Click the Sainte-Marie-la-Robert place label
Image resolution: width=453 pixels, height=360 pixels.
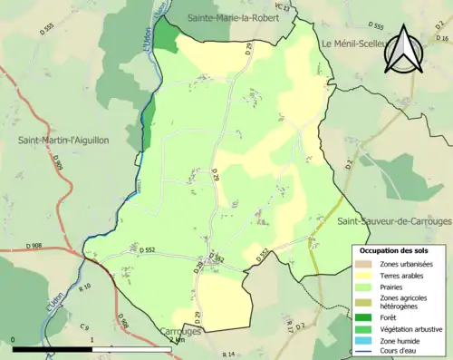pos(238,17)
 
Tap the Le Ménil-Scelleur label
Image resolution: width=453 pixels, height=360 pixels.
pos(360,44)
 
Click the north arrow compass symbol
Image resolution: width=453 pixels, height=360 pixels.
pos(407,50)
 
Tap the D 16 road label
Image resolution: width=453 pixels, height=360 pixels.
pos(442,39)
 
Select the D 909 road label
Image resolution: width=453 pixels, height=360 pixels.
pos(56,164)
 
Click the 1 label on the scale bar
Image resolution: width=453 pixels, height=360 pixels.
pos(92,341)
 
